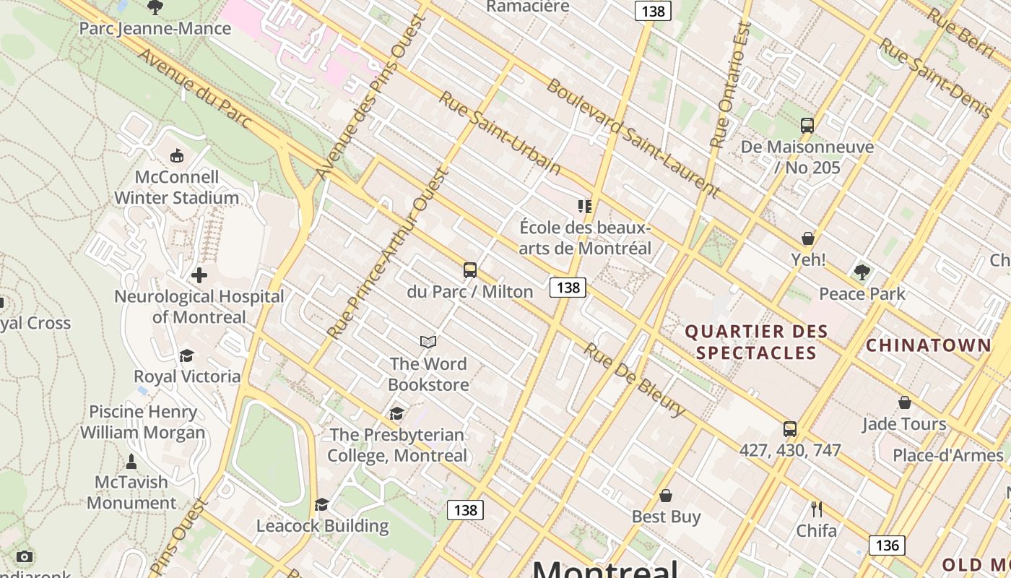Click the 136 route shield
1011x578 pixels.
pos(886,545)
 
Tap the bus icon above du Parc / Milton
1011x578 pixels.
pos(470,271)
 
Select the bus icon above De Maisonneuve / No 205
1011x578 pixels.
pos(807,126)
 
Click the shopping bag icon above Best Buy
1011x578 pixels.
pos(666,496)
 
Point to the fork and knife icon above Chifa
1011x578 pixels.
pos(817,509)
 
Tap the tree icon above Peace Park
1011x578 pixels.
pos(862,272)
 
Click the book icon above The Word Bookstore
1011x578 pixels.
pos(428,342)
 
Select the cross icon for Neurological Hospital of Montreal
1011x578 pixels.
pos(199,275)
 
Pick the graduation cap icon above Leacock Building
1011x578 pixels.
pos(322,504)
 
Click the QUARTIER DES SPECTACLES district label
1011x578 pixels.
pos(756,342)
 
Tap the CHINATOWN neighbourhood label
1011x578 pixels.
pos(929,345)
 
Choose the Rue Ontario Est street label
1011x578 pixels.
pos(730,85)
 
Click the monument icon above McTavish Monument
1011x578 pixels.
pos(131,461)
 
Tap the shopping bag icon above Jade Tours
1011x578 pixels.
pos(904,402)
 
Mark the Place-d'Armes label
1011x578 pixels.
pos(947,455)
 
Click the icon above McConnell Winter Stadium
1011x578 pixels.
pos(176,155)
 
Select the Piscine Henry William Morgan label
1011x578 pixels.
pos(143,422)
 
